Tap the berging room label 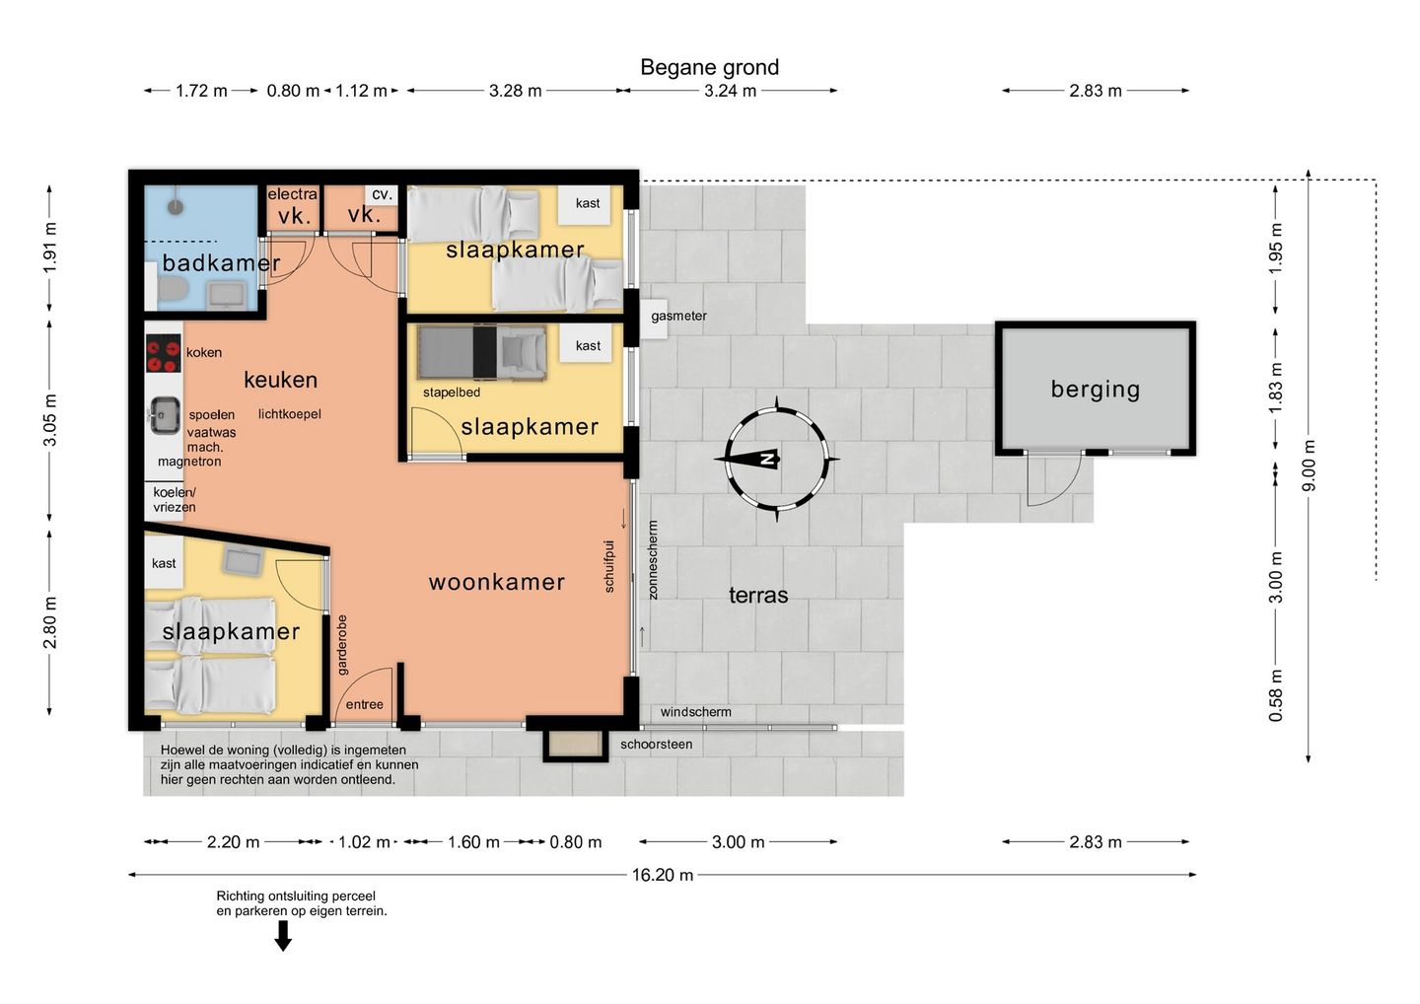[1096, 390]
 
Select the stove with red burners [164, 354]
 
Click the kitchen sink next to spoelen [164, 416]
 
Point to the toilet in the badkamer [172, 289]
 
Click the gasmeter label [678, 316]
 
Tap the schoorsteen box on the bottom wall [574, 745]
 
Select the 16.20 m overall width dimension [662, 875]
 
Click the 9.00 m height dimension [1309, 466]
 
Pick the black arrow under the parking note [283, 936]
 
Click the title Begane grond [709, 67]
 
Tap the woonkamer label [496, 582]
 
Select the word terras [758, 595]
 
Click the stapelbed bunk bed [482, 352]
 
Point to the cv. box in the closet [382, 194]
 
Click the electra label [292, 194]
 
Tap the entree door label [365, 704]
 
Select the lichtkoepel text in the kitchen [290, 414]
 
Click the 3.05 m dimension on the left [50, 419]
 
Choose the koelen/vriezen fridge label [175, 499]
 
